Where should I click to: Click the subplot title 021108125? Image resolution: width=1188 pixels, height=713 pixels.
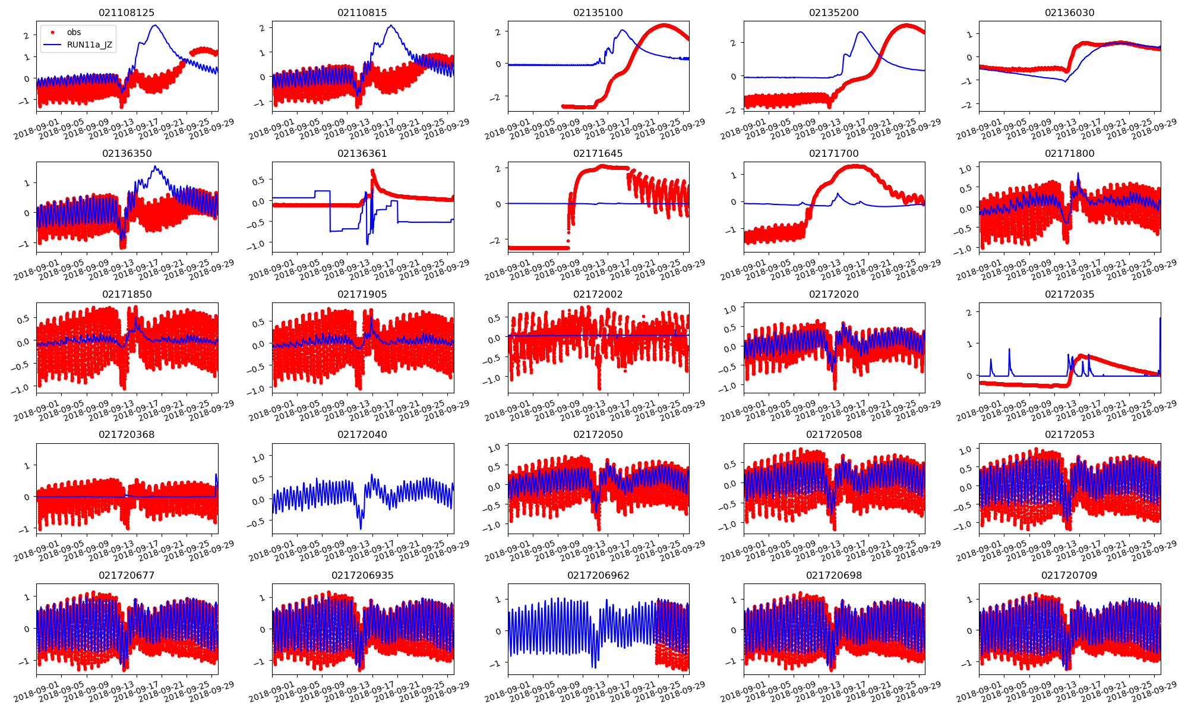[x=127, y=12]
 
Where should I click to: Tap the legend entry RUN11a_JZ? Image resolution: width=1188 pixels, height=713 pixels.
[x=90, y=45]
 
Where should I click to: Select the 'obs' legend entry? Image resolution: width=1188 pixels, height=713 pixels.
[x=74, y=32]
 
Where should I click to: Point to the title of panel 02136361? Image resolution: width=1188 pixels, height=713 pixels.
[x=362, y=153]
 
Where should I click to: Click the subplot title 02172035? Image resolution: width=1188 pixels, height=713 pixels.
[x=1069, y=294]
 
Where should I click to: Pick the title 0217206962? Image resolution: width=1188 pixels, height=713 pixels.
[x=598, y=575]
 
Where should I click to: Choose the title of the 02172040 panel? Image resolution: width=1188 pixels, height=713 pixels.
[x=362, y=434]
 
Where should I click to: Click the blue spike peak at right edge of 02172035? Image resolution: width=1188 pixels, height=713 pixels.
[x=1160, y=318]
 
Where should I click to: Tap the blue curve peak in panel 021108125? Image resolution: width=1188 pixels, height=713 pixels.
[x=155, y=26]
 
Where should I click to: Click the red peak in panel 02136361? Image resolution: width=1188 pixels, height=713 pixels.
[x=372, y=171]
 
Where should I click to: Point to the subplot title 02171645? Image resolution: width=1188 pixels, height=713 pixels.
[x=598, y=153]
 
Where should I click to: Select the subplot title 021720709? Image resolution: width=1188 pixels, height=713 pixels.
[x=1069, y=575]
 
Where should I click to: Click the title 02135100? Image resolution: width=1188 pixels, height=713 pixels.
[x=598, y=12]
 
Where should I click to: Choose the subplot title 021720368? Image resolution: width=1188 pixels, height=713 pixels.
[x=127, y=434]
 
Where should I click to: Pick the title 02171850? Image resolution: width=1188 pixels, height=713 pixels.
[x=127, y=294]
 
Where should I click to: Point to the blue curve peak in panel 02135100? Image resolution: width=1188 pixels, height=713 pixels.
[x=623, y=30]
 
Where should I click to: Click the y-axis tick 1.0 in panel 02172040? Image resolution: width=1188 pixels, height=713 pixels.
[x=259, y=457]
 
